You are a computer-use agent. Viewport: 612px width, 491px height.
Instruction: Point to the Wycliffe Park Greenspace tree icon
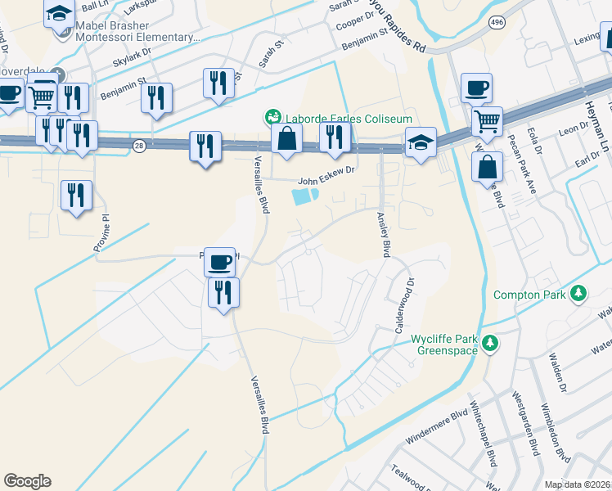pos(490,342)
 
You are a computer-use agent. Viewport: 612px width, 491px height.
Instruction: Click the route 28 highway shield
pos(139,145)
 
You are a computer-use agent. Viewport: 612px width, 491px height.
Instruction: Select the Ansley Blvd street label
pos(382,236)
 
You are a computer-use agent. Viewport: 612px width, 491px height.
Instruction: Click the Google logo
pos(28,481)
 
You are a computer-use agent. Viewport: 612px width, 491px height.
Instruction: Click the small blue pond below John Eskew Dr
pos(302,196)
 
